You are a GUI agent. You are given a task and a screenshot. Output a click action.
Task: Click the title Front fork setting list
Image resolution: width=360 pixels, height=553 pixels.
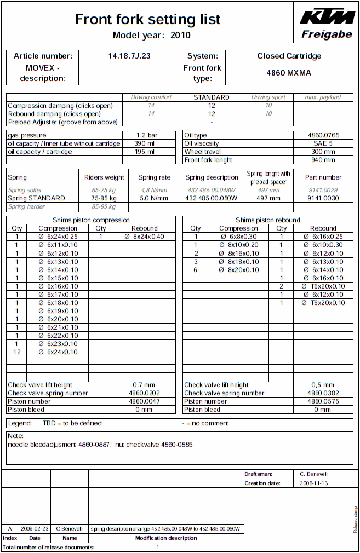[x=147, y=19]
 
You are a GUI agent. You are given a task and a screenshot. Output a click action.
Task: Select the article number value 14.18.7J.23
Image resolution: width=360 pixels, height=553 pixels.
[x=129, y=56]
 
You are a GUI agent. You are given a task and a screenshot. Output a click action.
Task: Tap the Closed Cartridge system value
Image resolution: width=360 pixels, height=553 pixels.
[x=289, y=56]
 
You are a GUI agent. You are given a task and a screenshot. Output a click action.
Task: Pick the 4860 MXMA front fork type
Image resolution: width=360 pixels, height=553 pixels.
[x=289, y=72]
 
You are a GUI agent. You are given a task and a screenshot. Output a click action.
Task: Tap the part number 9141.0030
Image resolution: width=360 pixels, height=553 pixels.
[x=323, y=198]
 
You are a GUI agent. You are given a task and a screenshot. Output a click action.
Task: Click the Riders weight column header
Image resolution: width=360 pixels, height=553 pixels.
[x=104, y=177]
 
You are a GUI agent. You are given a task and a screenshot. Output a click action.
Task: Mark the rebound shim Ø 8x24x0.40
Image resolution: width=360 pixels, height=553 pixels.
[x=144, y=237]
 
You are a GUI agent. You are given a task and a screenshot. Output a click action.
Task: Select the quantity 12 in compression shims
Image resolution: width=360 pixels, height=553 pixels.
[x=17, y=352]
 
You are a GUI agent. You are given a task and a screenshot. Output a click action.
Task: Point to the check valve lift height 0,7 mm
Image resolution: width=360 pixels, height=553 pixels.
[x=144, y=385]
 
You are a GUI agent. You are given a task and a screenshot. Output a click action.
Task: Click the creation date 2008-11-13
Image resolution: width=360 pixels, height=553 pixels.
[x=318, y=483]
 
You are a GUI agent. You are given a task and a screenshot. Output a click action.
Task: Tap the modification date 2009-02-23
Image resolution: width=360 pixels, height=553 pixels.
[x=35, y=529]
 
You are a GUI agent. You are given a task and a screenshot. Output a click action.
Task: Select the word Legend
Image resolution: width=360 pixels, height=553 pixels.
[x=20, y=423]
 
